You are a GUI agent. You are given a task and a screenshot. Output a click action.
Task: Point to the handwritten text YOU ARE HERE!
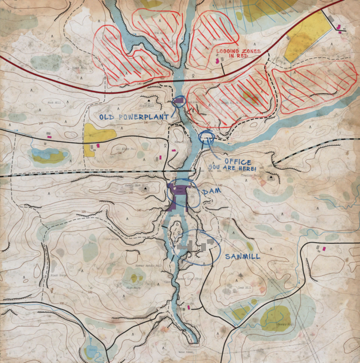(x=232, y=169)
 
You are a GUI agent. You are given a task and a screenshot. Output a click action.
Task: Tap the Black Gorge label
(x=59, y=276)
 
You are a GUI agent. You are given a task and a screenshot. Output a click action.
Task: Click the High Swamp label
(x=133, y=287)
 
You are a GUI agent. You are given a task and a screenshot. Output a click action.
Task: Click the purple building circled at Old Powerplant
(x=179, y=101)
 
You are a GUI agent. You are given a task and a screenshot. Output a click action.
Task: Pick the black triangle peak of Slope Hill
(x=145, y=189)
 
